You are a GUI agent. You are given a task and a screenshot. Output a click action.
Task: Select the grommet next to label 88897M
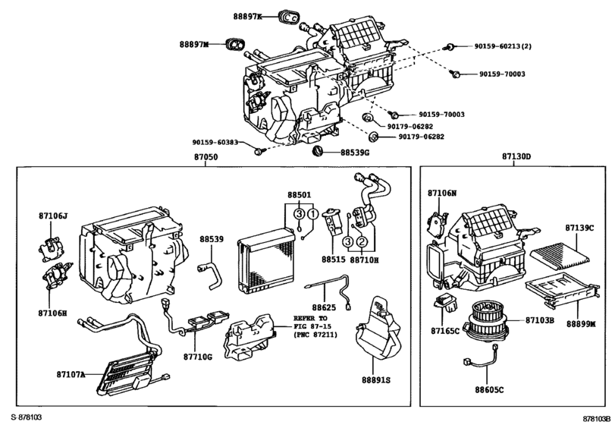point(237,46)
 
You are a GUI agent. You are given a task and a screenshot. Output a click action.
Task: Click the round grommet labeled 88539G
point(319,151)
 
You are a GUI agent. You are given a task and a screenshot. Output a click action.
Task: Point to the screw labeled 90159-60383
point(259,151)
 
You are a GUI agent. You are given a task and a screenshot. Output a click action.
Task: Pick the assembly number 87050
point(206,157)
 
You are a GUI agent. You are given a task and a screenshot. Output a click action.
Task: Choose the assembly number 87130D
point(516,157)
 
